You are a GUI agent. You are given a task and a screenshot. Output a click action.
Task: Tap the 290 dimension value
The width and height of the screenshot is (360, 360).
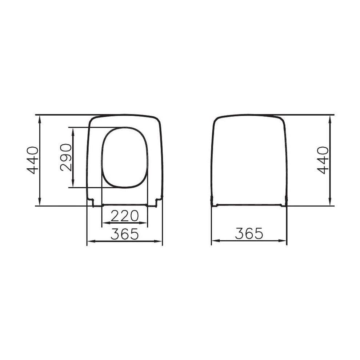[x=66, y=157]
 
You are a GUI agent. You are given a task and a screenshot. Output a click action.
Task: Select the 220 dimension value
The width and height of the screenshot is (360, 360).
[x=125, y=216]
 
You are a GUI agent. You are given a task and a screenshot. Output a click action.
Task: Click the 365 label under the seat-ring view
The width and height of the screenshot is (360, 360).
[x=125, y=234]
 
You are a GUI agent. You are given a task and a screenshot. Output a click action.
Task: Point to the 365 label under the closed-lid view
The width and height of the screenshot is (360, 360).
[x=249, y=233]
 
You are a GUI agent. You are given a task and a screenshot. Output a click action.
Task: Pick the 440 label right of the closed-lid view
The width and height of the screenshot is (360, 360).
[x=323, y=160]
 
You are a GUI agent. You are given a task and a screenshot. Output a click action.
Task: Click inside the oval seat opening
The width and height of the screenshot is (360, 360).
[x=125, y=157]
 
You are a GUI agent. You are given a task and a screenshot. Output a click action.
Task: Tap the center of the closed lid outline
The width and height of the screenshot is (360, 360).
[x=249, y=160]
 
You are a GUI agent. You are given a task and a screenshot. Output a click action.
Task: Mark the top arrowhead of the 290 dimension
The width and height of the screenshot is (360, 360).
[x=73, y=130]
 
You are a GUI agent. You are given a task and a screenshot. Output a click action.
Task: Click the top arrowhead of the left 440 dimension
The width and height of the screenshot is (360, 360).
[x=40, y=117]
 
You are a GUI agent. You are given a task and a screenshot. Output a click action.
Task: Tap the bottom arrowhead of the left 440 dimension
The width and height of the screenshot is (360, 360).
[x=40, y=203]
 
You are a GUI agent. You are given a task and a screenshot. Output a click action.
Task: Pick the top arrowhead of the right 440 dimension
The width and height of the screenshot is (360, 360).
[x=329, y=117]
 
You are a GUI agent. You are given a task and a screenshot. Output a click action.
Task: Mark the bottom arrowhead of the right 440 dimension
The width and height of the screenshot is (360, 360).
[x=329, y=203]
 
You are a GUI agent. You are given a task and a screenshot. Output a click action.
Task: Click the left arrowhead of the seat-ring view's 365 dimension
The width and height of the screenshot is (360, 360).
[x=89, y=241]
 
